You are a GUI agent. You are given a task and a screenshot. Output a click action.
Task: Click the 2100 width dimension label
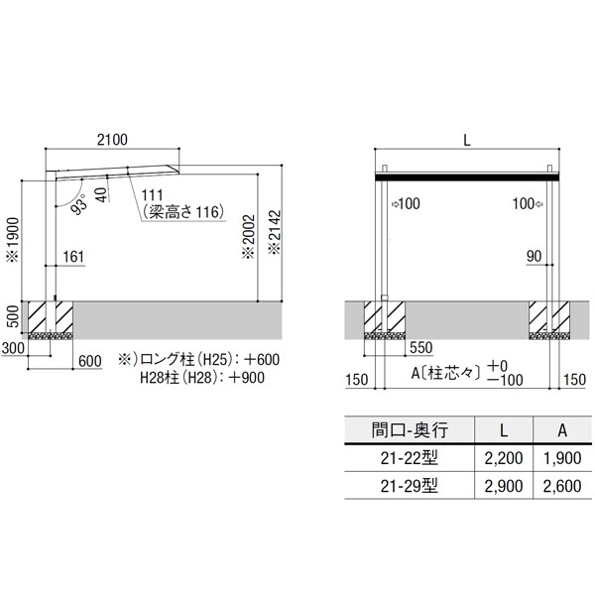(112, 140)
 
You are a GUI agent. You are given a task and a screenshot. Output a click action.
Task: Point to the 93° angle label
(79, 204)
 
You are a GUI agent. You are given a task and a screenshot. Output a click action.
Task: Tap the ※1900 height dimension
(14, 239)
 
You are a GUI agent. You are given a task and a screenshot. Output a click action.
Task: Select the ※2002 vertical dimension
(249, 237)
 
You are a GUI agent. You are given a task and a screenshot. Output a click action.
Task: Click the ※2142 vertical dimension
(275, 232)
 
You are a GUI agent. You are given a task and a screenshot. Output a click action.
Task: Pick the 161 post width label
(73, 257)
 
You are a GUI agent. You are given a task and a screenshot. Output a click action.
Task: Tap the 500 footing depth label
(13, 316)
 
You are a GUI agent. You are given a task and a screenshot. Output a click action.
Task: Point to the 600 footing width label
(90, 361)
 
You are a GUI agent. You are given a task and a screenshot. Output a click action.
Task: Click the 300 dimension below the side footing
(13, 348)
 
